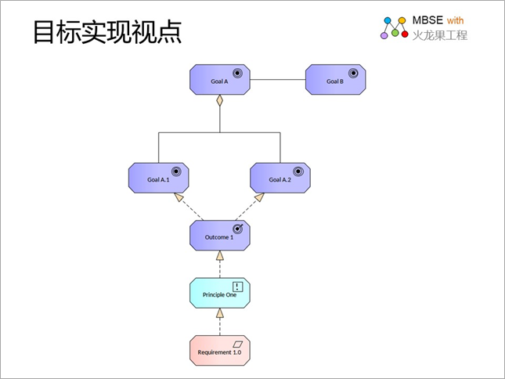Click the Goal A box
click(x=220, y=80)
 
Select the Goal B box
click(x=335, y=80)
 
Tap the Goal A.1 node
click(x=158, y=178)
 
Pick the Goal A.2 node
click(x=280, y=178)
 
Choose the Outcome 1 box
click(x=220, y=236)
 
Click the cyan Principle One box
click(x=220, y=293)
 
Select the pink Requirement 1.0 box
click(x=220, y=350)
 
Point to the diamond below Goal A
click(x=220, y=100)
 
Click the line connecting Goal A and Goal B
click(x=278, y=80)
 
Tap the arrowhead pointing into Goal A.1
click(x=179, y=197)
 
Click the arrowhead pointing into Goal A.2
click(x=259, y=197)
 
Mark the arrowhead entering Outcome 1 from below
click(x=220, y=255)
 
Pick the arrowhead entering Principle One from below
click(x=220, y=313)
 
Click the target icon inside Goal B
click(x=353, y=74)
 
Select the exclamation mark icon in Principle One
click(x=238, y=287)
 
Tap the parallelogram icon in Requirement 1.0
click(x=238, y=345)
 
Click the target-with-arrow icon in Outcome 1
click(x=238, y=229)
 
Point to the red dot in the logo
click(x=405, y=34)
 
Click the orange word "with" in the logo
click(x=455, y=20)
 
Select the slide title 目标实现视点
click(x=107, y=31)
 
